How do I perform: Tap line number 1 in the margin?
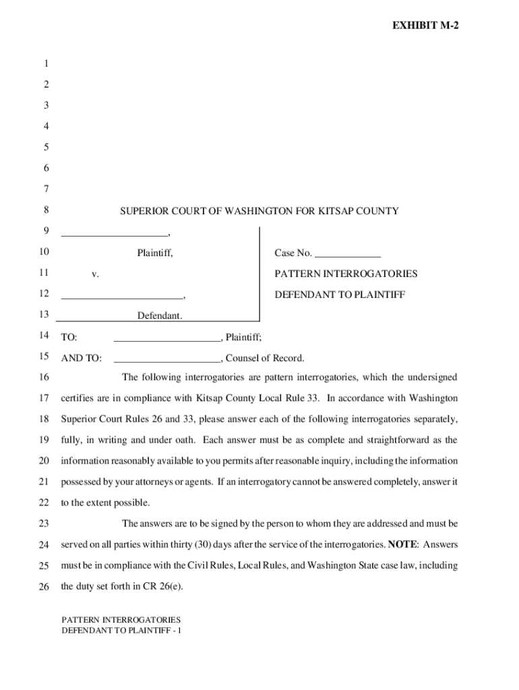pyautogui.click(x=46, y=64)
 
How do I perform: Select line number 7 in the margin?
pyautogui.click(x=46, y=189)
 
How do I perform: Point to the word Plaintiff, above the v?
pyautogui.click(x=155, y=253)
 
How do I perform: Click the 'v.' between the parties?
pyautogui.click(x=95, y=274)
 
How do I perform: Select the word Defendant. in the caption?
pyautogui.click(x=160, y=315)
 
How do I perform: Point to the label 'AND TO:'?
pyautogui.click(x=81, y=358)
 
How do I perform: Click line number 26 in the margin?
pyautogui.click(x=44, y=586)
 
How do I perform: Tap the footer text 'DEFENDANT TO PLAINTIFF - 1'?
pyautogui.click(x=122, y=631)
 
